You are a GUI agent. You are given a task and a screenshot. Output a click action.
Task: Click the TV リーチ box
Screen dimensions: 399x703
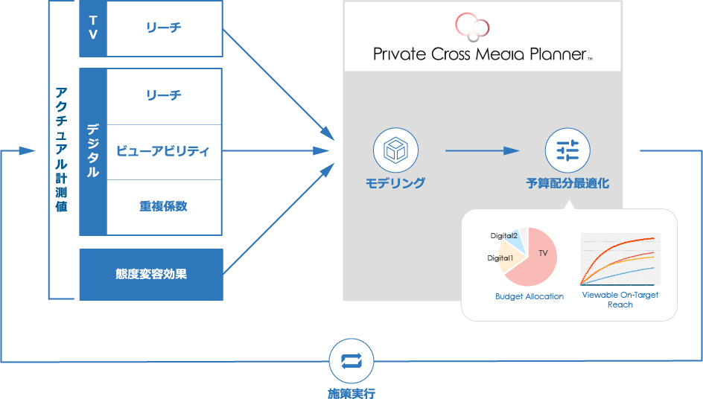point(164,28)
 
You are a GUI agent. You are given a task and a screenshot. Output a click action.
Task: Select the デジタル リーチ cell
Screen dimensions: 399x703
point(164,96)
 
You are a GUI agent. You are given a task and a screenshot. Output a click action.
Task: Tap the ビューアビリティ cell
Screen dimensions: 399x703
point(164,151)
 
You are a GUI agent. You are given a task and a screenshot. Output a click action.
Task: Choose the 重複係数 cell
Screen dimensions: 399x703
point(164,206)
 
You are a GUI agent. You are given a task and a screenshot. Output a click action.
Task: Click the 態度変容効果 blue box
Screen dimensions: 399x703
point(151,274)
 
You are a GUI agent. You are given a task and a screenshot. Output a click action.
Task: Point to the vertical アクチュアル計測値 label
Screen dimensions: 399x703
point(62,150)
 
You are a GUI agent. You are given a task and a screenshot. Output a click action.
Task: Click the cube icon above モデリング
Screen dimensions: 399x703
point(395,150)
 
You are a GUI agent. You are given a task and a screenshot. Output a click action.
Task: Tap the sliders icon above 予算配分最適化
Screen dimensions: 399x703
point(567,150)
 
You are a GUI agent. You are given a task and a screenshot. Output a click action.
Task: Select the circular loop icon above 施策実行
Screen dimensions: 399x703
point(351,361)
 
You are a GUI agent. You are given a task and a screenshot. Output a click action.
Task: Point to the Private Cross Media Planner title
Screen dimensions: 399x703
point(482,54)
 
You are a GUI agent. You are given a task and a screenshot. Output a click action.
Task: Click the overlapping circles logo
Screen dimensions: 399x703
point(472,26)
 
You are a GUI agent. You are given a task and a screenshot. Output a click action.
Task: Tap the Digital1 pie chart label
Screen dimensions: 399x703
point(500,258)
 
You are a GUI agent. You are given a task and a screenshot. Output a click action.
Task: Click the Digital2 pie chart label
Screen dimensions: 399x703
point(503,236)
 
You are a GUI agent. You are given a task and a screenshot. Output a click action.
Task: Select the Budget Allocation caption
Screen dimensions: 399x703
point(529,296)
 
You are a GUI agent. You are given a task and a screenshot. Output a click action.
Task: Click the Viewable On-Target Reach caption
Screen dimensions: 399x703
point(620,299)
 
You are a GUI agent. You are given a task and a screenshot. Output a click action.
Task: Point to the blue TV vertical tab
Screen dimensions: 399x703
point(93,28)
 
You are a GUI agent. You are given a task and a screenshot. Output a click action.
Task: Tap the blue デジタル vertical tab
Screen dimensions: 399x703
point(93,151)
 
